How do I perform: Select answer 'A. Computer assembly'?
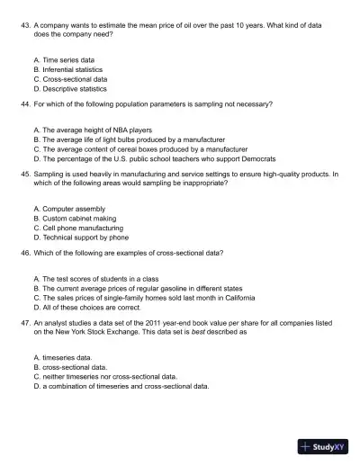pos(68,209)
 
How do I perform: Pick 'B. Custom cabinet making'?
pos(74,219)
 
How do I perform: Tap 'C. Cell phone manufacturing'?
pos(77,229)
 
